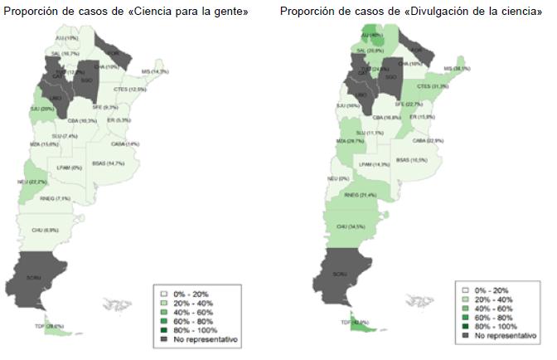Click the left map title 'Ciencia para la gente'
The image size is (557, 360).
pyautogui.click(x=126, y=10)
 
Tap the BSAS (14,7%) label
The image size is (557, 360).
pyautogui.click(x=109, y=163)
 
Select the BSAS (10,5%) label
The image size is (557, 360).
pyautogui.click(x=411, y=159)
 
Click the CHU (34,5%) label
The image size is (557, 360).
pyautogui.click(x=351, y=226)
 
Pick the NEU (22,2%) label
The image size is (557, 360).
pyautogui.click(x=46, y=182)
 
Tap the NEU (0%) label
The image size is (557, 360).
pyautogui.click(x=337, y=178)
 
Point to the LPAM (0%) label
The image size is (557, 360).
pyautogui.click(x=70, y=168)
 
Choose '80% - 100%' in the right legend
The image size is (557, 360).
pyautogui.click(x=499, y=328)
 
